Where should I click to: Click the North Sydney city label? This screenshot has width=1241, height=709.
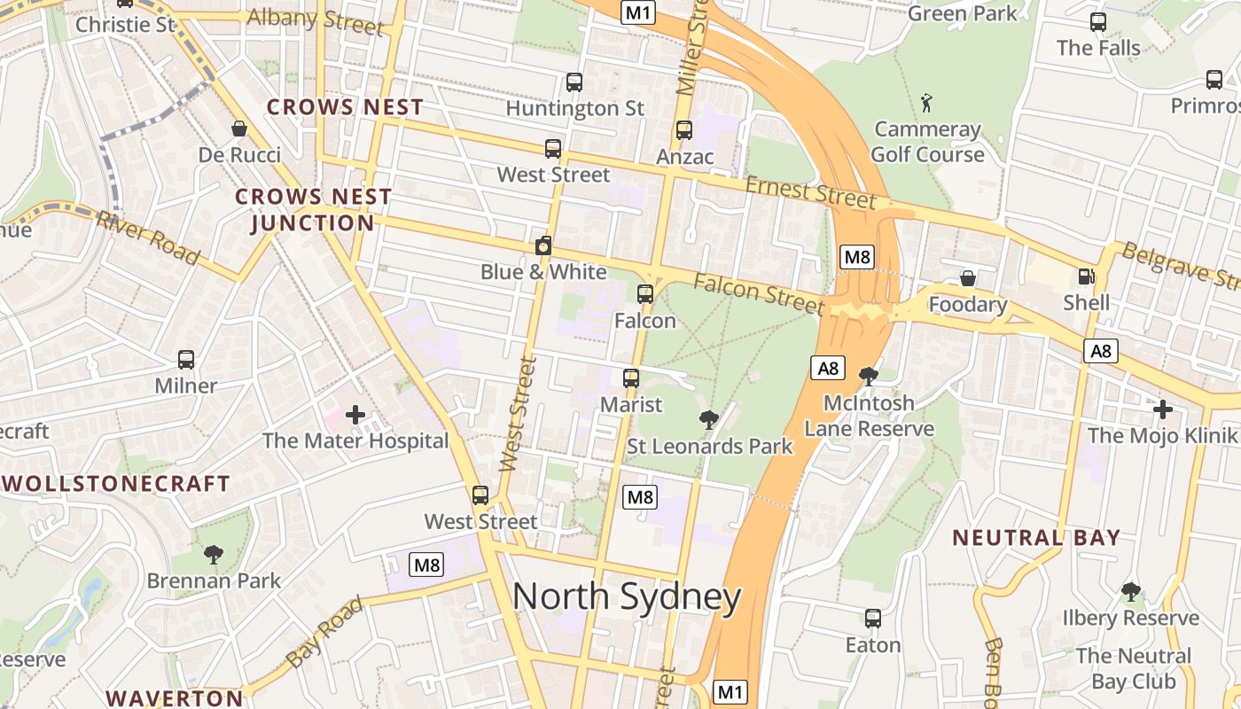[x=627, y=597]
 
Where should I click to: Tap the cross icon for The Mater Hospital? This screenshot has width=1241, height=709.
[x=355, y=414]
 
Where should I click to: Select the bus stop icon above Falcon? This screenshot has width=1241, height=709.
[x=645, y=293]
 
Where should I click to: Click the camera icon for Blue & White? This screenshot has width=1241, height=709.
[x=543, y=246]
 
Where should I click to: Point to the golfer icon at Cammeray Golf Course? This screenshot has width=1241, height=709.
[x=927, y=102]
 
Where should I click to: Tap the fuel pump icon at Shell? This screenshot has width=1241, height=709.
[x=1086, y=277]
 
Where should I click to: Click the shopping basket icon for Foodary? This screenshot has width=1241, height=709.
[x=968, y=278]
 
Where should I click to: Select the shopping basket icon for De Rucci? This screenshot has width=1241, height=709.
[x=238, y=129]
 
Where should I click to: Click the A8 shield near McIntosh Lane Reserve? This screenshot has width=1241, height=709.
[x=827, y=368]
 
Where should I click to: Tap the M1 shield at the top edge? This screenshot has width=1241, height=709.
[x=637, y=12]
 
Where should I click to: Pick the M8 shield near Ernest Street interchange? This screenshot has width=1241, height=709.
[x=857, y=257]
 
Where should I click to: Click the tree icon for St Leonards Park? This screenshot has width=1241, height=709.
[x=708, y=419]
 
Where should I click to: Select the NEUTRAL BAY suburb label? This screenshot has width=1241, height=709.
[x=1036, y=537]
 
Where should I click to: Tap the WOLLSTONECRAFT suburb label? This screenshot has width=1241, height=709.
[x=117, y=484]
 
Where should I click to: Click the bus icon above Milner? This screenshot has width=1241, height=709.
[x=186, y=360]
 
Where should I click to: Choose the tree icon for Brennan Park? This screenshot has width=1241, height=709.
[x=213, y=555]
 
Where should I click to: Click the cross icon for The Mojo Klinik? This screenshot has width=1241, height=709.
[x=1163, y=409]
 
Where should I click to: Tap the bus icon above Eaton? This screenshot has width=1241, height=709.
[x=873, y=619]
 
